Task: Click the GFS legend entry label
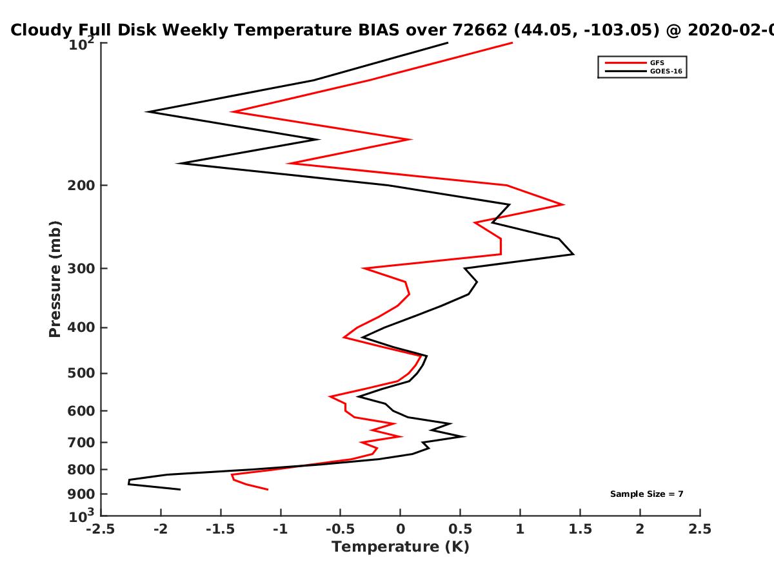click(657, 63)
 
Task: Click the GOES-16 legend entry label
click(666, 72)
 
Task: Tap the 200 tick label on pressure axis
click(81, 186)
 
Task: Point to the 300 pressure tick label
click(81, 269)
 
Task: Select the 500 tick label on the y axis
click(81, 373)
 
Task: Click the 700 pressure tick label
click(81, 443)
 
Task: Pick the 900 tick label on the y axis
click(81, 494)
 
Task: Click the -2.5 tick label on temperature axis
click(101, 529)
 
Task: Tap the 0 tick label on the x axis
click(401, 529)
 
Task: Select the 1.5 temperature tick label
click(580, 529)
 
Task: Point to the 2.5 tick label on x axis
click(700, 529)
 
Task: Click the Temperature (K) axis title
click(401, 547)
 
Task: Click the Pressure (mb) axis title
click(55, 279)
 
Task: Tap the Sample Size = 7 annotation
click(647, 494)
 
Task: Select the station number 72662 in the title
click(480, 30)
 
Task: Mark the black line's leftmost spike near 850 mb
click(129, 482)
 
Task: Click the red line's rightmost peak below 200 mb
click(563, 204)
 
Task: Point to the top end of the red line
click(512, 43)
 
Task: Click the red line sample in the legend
click(626, 63)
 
